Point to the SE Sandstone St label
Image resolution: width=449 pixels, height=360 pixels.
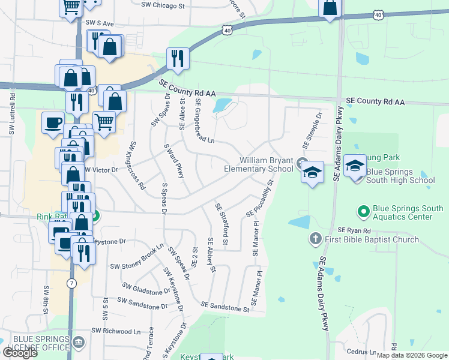(x=224, y=307)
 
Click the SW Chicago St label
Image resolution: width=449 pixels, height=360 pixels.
(x=163, y=5)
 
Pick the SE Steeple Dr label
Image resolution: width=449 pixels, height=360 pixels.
(x=312, y=130)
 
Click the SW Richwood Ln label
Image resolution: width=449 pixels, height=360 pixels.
(x=115, y=331)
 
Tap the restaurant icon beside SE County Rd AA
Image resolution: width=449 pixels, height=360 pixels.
(x=177, y=58)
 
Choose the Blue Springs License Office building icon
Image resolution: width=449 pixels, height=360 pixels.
(x=79, y=343)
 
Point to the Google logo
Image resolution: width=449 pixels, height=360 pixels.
(x=19, y=352)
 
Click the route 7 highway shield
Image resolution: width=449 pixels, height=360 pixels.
(x=71, y=283)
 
